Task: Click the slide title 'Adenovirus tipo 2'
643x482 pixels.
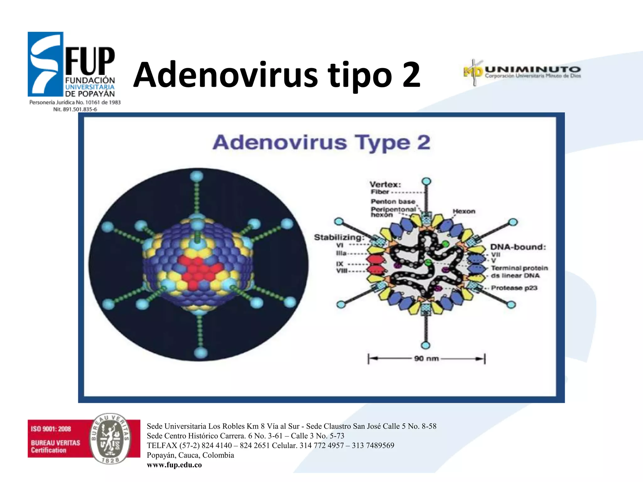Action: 277,75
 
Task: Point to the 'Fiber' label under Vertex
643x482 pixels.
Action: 380,192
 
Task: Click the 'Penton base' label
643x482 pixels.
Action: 393,201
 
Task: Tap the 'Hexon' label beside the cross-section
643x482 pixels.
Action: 464,211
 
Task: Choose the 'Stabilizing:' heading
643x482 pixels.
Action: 339,237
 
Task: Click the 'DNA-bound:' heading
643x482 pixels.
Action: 518,247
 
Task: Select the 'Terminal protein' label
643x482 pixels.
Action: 519,268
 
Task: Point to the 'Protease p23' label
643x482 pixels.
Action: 514,288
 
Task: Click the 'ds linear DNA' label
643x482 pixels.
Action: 515,276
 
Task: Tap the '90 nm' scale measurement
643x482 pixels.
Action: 426,358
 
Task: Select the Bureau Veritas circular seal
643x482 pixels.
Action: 110,438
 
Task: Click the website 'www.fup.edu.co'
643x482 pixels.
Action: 174,465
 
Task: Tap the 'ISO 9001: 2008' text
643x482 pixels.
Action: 51,429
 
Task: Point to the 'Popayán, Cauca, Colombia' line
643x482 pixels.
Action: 190,455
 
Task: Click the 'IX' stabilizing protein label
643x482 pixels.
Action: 340,264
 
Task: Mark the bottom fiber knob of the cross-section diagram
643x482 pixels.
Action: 425,345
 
